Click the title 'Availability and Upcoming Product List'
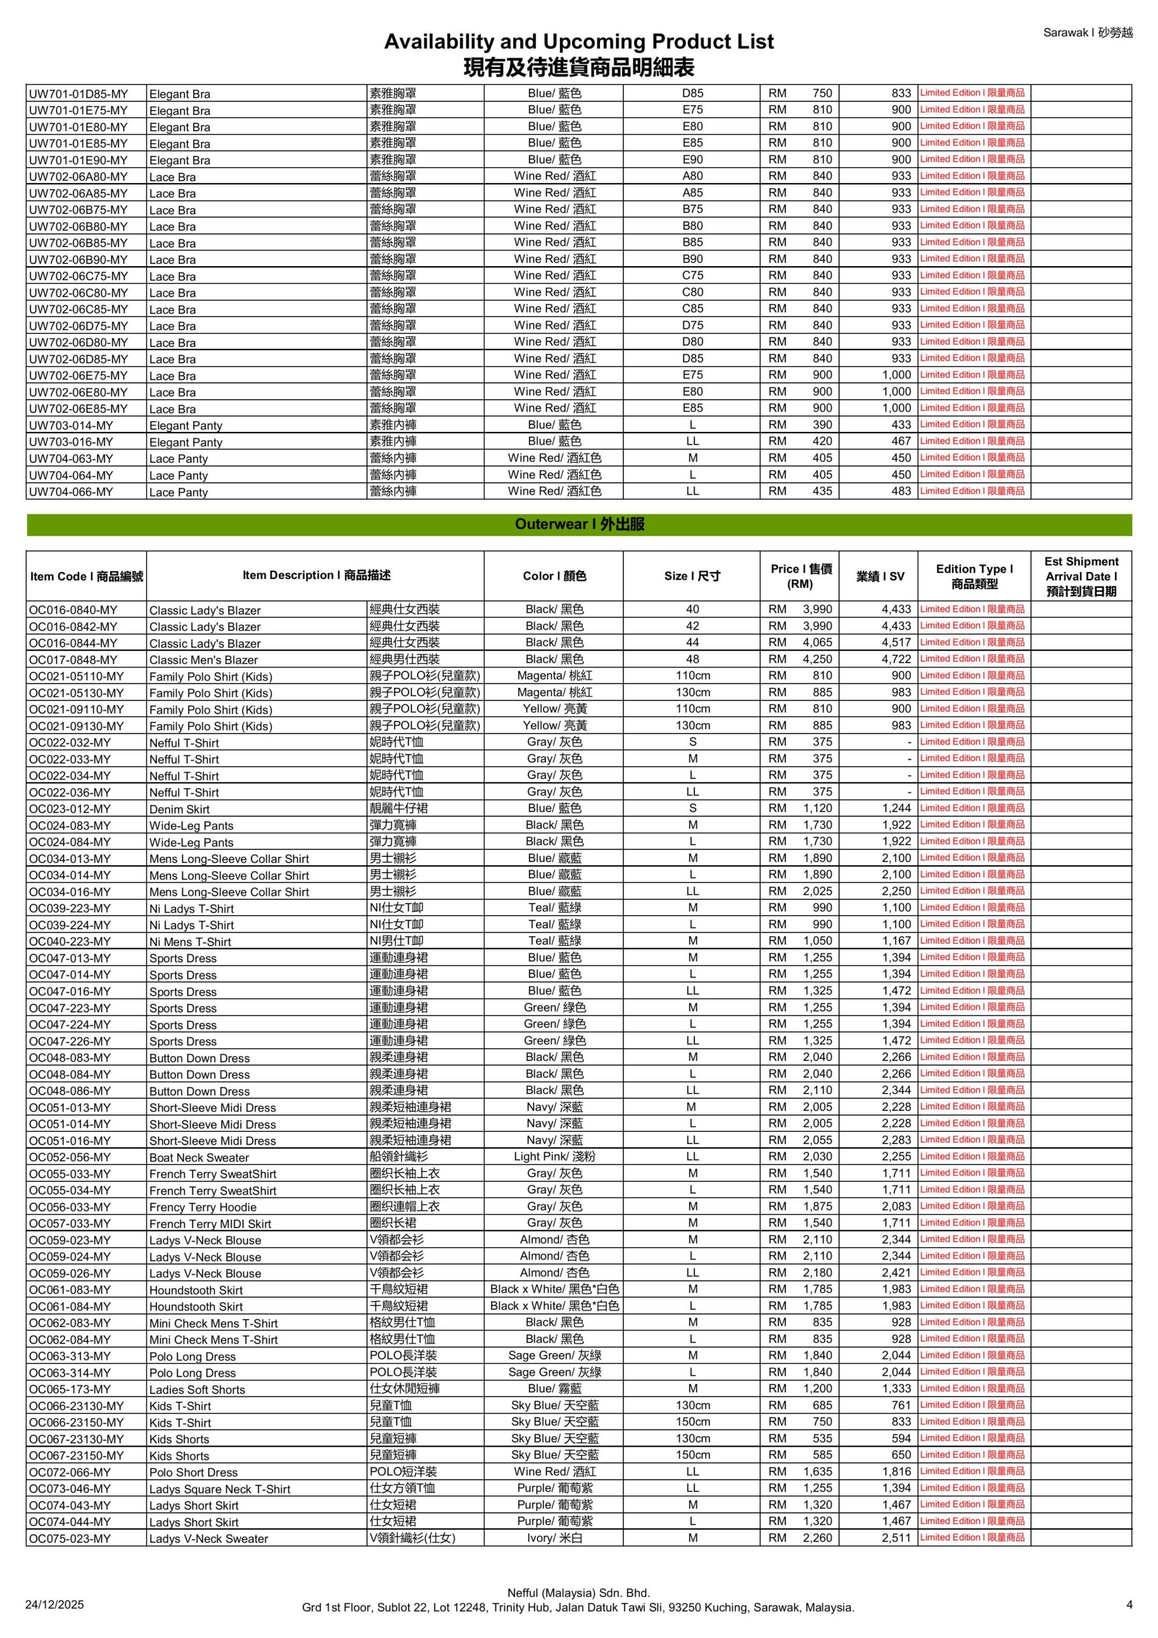pos(578,42)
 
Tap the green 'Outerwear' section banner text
pos(578,525)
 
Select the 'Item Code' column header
pos(86,576)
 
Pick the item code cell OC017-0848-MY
pos(73,660)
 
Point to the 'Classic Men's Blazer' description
pos(203,660)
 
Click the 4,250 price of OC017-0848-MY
pos(817,659)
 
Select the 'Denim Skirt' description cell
pos(179,809)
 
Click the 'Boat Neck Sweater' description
pos(199,1158)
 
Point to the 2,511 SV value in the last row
pos(896,1538)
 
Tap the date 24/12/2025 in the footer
pos(54,1605)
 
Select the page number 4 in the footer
pos(1129,1605)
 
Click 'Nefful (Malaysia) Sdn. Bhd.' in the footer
pos(578,1593)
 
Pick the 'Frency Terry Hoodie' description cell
pos(203,1207)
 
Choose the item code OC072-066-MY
pos(70,1472)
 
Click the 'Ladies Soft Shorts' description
pos(197,1390)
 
